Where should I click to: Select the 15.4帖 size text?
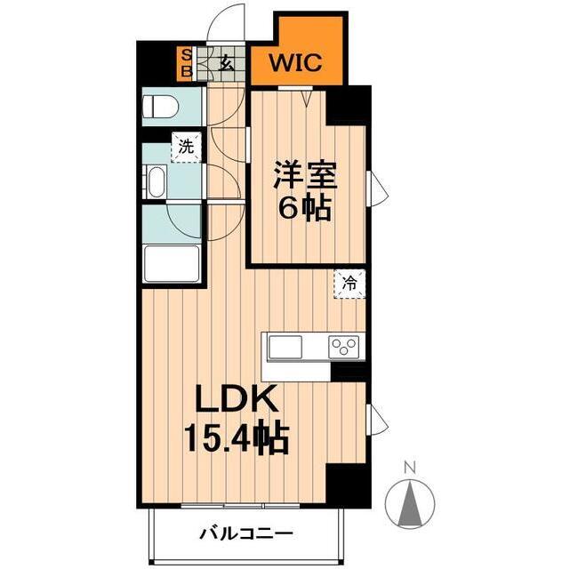pos(237,437)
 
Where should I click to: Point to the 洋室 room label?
pos(306,174)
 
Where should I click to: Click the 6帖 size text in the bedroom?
pos(306,210)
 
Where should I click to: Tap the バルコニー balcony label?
pos(245,534)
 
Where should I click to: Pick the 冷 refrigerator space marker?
pos(350,284)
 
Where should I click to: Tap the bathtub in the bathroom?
pos(171,262)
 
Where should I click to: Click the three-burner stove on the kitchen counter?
pos(343,346)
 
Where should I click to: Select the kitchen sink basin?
pos(287,346)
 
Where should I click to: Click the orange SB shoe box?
pos(186,62)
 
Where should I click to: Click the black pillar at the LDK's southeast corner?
pos(348,485)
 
